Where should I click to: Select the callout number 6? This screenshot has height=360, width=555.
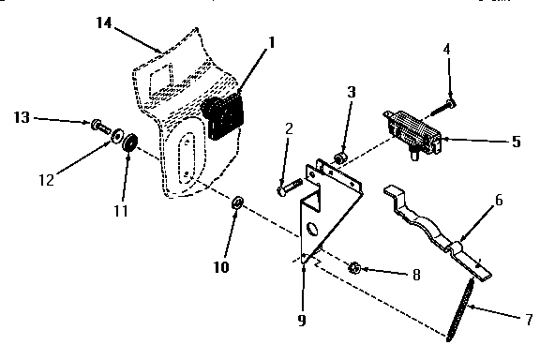tap(500, 200)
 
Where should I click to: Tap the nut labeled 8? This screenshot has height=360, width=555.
tap(355, 268)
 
